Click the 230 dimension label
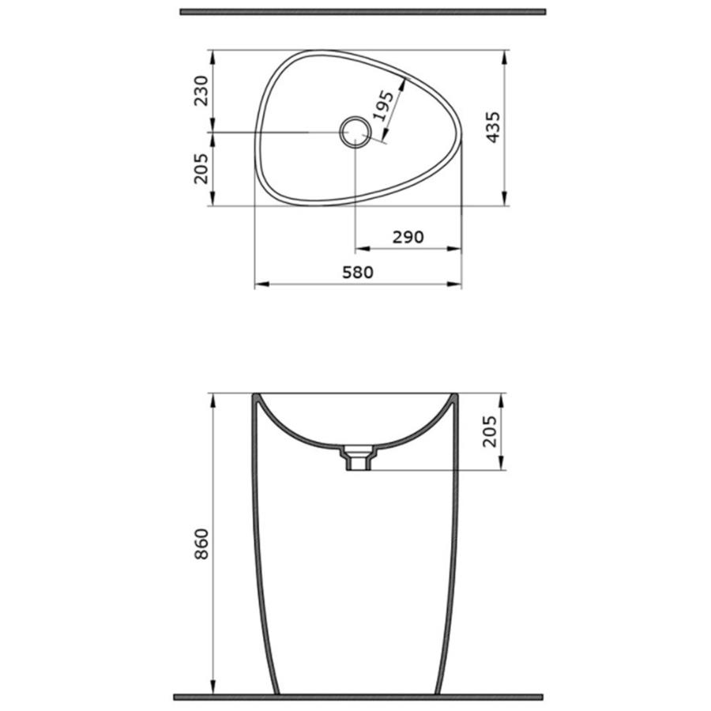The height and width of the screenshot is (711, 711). coord(201,91)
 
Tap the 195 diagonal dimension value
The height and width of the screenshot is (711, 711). coord(384,106)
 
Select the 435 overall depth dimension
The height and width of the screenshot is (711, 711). coord(493,127)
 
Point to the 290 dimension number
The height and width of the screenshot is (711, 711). coord(408,237)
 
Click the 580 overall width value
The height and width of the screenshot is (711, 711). coord(358,272)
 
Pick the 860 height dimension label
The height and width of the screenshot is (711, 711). coord(201,544)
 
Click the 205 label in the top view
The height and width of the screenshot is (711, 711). coord(201,169)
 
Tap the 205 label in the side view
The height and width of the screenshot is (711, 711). coord(490,431)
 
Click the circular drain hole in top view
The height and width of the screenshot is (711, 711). coord(355,132)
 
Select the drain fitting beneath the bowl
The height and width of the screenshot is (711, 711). coord(359,458)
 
